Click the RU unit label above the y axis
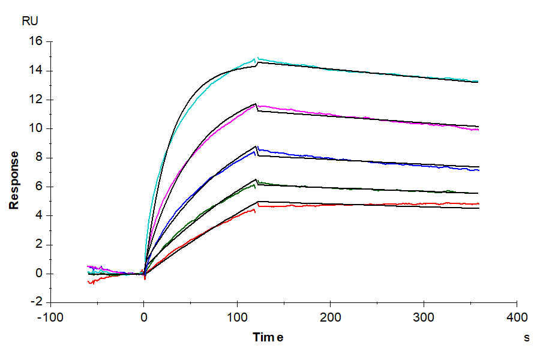click(30, 22)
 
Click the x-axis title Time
click(268, 337)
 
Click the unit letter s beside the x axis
click(527, 338)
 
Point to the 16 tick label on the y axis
click(35, 41)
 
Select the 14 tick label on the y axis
click(35, 71)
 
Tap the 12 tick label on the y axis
click(35, 100)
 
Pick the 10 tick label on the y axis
click(35, 129)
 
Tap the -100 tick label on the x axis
click(50, 317)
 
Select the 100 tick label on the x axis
click(237, 317)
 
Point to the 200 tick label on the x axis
click(331, 317)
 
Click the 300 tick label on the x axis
click(424, 317)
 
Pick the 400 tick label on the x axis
click(517, 317)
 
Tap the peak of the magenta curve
click(256, 104)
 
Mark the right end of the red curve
click(478, 204)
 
